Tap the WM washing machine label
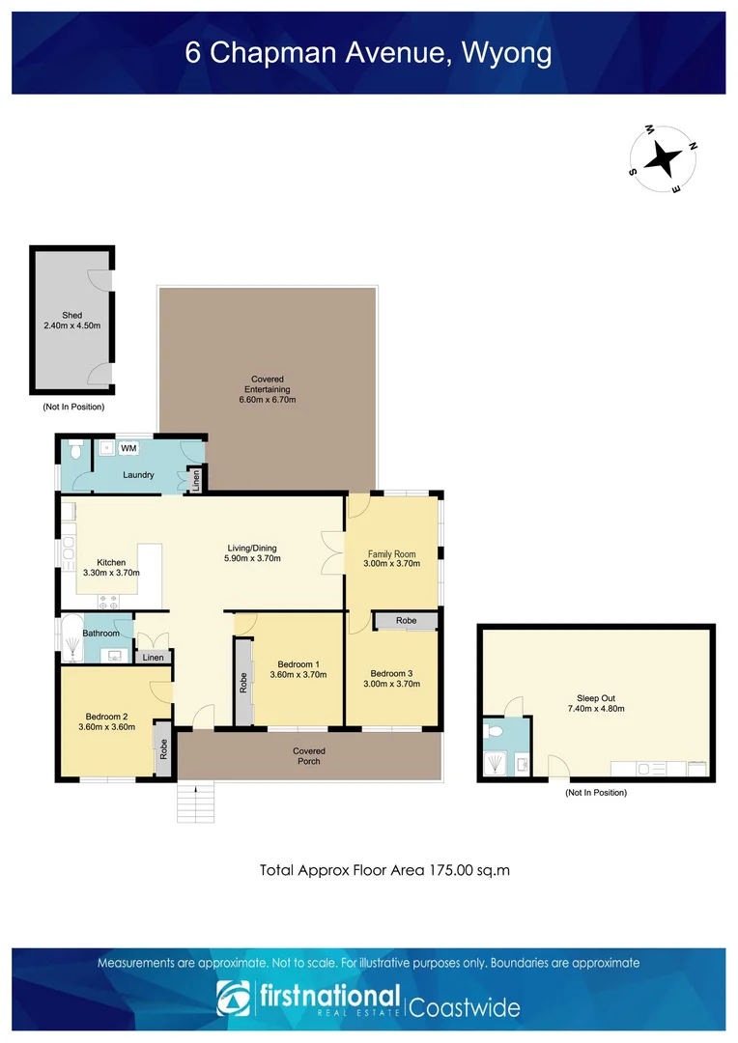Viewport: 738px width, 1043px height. [128, 448]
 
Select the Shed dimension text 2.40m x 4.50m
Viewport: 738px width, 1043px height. [72, 326]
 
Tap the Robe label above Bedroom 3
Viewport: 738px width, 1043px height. [407, 620]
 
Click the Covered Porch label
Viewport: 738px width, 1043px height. [309, 755]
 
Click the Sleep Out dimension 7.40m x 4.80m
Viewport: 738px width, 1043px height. [595, 709]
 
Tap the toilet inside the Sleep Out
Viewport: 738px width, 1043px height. [494, 733]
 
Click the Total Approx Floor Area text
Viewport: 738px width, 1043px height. [384, 870]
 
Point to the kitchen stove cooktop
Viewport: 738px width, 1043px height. [108, 600]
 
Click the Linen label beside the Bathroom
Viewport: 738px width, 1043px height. [154, 658]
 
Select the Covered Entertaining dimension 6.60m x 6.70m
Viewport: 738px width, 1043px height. [268, 400]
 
